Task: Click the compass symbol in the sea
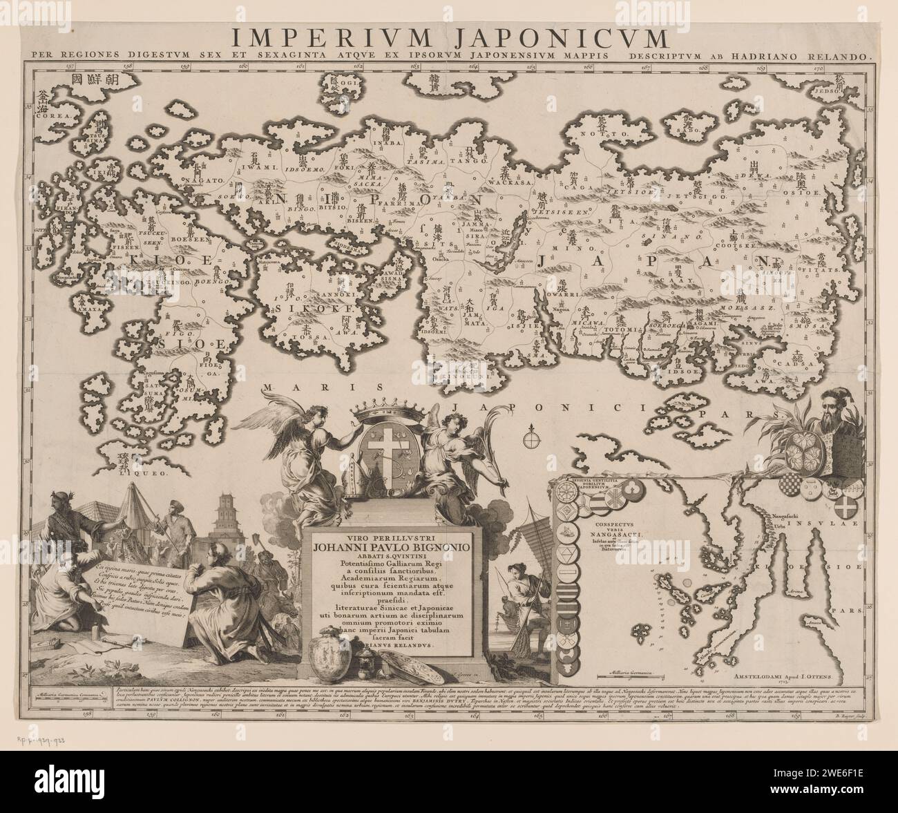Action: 531,437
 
